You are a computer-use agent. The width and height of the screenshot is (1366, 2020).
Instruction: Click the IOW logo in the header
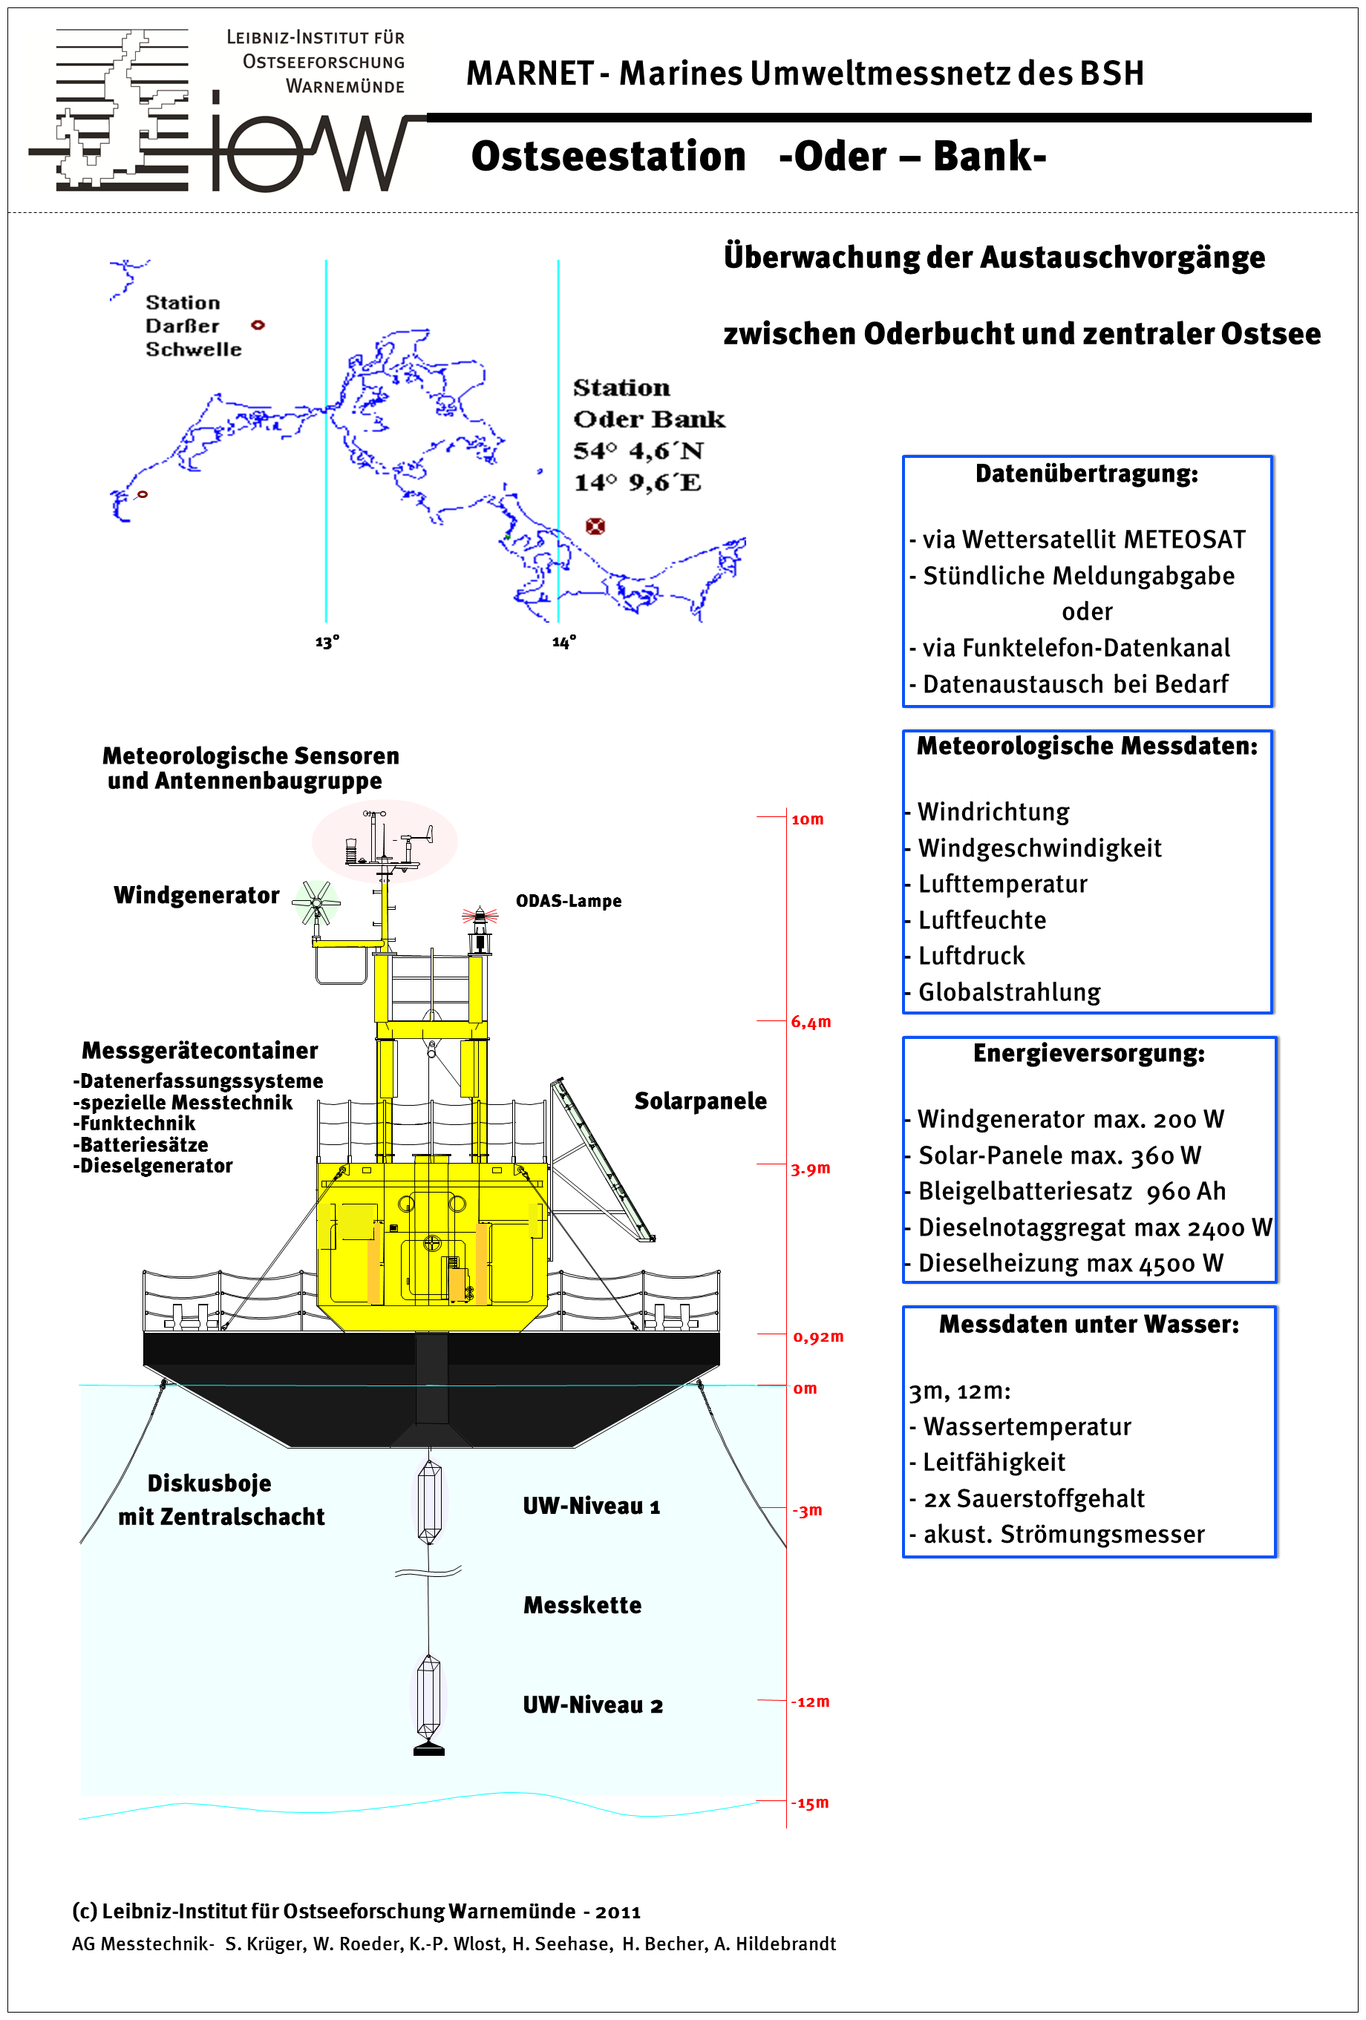tap(218, 111)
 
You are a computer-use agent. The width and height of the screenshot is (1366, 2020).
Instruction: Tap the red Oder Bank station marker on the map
tap(595, 526)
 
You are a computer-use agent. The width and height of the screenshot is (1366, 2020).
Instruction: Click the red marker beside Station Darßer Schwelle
tap(258, 325)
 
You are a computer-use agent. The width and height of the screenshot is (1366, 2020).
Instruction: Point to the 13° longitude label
tap(327, 643)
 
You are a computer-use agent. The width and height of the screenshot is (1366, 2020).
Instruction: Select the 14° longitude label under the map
tap(563, 643)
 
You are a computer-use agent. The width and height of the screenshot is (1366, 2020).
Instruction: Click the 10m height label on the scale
tap(807, 819)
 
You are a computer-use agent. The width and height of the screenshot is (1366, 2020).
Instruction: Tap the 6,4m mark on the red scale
tap(811, 1022)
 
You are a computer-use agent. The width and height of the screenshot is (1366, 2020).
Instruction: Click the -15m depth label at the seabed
tap(809, 1802)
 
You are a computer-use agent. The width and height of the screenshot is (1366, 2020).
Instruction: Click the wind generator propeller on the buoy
tap(316, 903)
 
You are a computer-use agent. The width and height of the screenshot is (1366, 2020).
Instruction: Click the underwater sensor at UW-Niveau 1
tap(428, 1502)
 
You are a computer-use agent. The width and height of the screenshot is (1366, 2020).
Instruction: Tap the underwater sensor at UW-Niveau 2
tap(428, 1695)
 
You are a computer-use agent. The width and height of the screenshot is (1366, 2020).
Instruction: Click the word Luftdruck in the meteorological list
tap(971, 956)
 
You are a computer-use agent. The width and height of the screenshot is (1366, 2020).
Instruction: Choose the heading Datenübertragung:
tap(1086, 473)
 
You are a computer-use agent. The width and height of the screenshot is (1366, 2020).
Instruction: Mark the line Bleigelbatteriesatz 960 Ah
tap(1071, 1191)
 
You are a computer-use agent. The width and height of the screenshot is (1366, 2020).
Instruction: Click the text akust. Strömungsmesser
tap(1063, 1534)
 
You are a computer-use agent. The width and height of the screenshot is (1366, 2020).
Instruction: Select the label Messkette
tap(582, 1605)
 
